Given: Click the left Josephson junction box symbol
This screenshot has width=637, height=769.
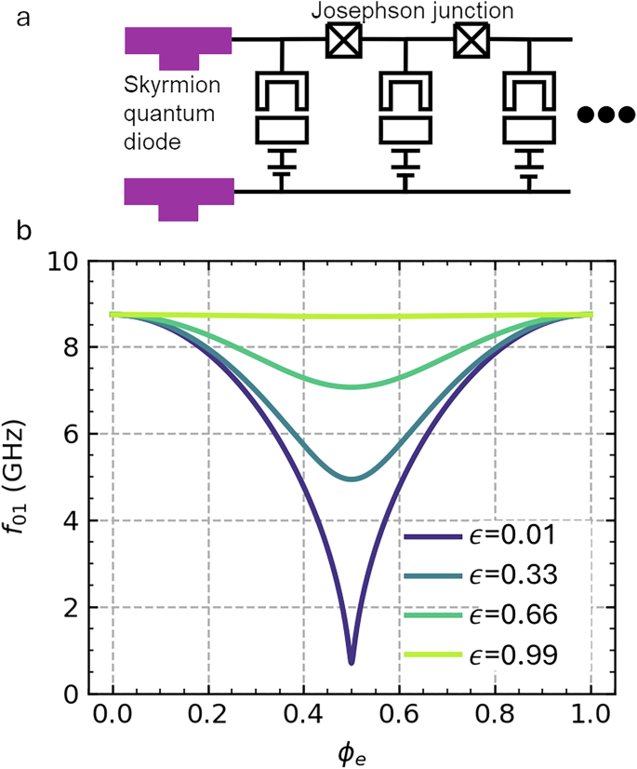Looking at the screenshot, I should coord(342,40).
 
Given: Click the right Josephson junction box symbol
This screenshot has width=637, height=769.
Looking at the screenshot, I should coord(470,40).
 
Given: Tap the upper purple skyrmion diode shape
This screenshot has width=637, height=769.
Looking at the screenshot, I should coord(178,45).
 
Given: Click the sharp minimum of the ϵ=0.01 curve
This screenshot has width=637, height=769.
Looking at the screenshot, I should coord(352,662).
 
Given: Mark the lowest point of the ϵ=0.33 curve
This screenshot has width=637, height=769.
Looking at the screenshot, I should coord(352,479).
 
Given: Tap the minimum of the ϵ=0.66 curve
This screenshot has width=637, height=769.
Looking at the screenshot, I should coord(352,386).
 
